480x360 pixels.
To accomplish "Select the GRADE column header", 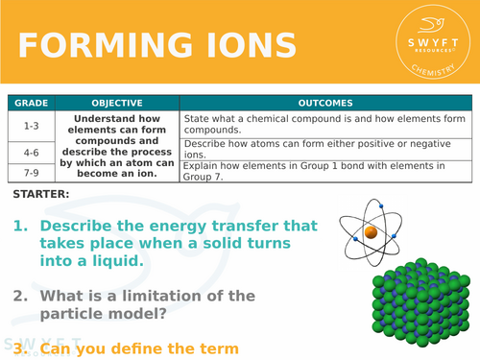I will [31, 103].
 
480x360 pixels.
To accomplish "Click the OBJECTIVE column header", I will [117, 103].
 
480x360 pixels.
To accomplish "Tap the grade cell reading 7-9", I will [31, 171].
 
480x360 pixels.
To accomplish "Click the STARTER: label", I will [41, 195].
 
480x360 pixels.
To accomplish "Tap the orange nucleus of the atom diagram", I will [370, 231].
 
